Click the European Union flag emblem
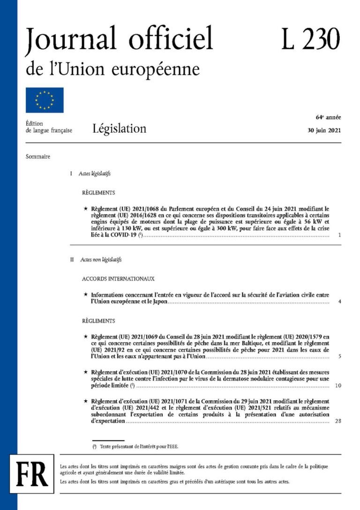45,100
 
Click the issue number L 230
310,39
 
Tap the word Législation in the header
119,129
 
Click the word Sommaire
38,157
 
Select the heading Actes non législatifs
100,259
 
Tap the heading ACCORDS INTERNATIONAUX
118,279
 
